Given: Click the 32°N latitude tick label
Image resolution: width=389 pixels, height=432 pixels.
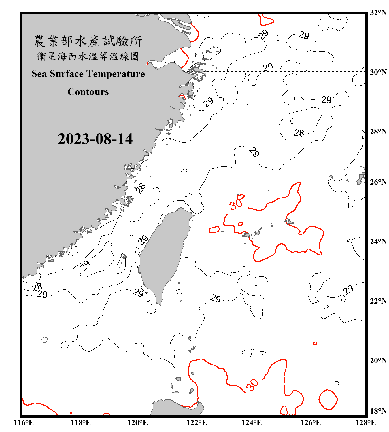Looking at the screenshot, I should [378, 12].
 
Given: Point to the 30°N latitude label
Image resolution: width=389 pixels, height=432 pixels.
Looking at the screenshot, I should [378, 72].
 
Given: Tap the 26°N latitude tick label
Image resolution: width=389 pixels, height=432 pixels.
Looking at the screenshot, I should [378, 182].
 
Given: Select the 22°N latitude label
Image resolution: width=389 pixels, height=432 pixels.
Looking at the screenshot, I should [378, 301].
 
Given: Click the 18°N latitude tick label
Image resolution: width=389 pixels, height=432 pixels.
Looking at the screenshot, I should [378, 411].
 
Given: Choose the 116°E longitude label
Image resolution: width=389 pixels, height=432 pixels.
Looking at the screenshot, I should [24, 423].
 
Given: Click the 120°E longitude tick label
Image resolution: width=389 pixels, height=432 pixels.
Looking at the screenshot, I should [137, 423].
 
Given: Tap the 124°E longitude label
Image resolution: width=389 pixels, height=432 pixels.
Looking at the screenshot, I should [252, 423].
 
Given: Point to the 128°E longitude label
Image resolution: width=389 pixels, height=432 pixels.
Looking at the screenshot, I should [365, 423].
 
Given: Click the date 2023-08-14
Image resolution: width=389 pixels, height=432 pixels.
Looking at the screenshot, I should [95, 139].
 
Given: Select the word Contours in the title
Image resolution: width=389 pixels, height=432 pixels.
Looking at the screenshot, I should [88, 92].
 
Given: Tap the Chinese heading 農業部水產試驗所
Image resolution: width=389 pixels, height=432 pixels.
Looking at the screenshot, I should [88, 41].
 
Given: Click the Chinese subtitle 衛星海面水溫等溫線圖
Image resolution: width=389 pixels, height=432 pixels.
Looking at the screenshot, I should [88, 56].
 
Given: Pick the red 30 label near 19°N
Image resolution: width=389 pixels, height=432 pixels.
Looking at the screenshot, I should [252, 384].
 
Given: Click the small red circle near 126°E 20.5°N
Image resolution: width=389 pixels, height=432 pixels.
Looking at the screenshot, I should [315, 343].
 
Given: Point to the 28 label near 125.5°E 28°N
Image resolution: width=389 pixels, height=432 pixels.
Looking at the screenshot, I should [299, 133].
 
